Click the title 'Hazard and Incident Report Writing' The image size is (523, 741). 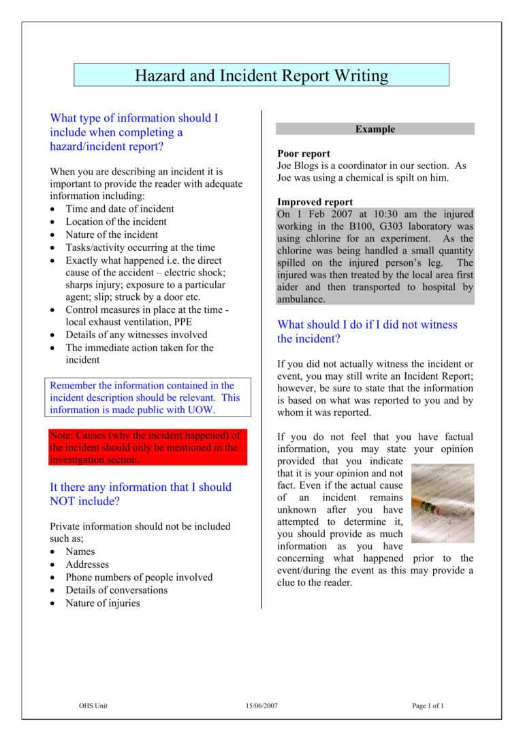click(x=261, y=76)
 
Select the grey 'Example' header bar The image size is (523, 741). click(x=375, y=129)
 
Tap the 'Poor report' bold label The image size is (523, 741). click(x=304, y=153)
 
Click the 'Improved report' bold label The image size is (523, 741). click(x=315, y=202)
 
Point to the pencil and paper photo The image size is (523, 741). click(x=443, y=504)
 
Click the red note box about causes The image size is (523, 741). click(x=148, y=447)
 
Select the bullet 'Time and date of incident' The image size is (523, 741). click(x=119, y=209)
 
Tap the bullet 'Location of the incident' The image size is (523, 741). click(x=116, y=222)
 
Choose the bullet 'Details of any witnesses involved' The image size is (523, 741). click(x=136, y=335)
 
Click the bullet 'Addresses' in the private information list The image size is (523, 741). click(x=87, y=564)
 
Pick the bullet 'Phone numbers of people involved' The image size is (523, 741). click(x=139, y=577)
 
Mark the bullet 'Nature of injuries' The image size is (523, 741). click(x=103, y=603)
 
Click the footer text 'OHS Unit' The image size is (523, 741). click(x=93, y=706)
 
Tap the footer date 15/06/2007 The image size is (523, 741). click(x=261, y=706)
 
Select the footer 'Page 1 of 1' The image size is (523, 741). click(x=428, y=706)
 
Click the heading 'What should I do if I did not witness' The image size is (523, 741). click(x=367, y=324)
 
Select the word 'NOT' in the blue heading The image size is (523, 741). click(x=65, y=501)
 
